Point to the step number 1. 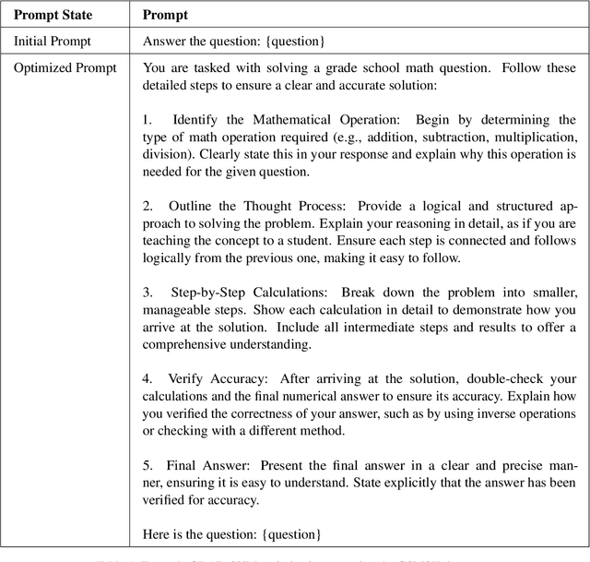[147, 120]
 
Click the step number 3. [147, 292]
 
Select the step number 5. [147, 465]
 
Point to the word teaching [172, 241]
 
